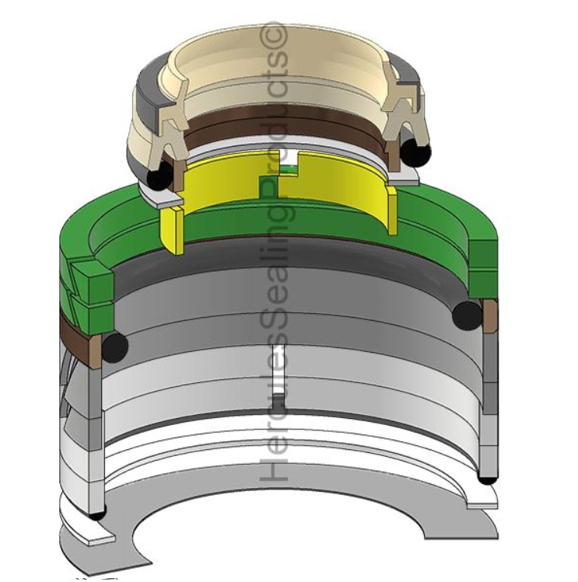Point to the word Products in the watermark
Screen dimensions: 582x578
[x=276, y=109]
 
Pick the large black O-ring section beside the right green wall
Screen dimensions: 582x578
[x=467, y=314]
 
